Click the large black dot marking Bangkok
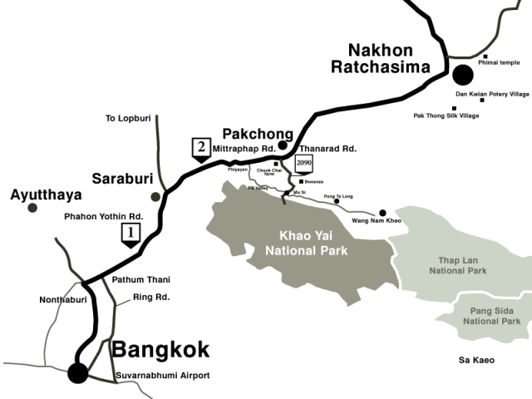point(78,373)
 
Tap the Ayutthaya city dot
point(32,208)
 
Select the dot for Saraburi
point(155,197)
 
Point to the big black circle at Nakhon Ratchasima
point(462,75)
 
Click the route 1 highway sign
point(130,235)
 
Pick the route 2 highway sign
point(200,150)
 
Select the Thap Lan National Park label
point(456,264)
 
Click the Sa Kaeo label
point(477,360)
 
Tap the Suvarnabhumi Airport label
point(161,376)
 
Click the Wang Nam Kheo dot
point(383,213)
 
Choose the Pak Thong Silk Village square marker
point(454,108)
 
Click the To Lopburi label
point(128,118)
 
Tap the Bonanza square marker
point(300,181)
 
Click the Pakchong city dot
point(283,145)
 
